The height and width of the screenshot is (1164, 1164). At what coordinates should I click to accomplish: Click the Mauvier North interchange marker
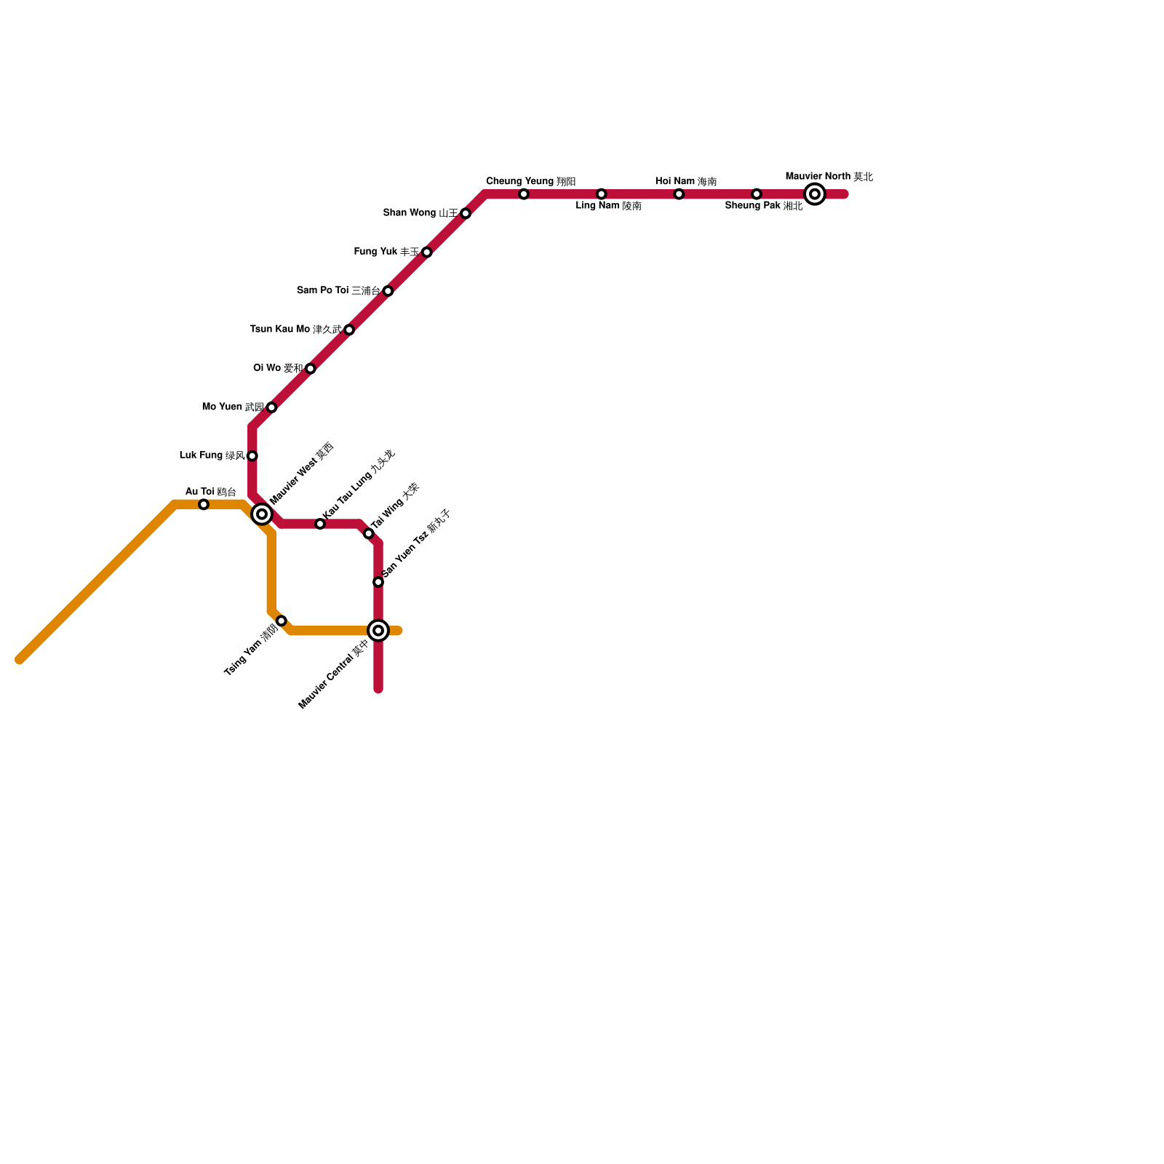(x=815, y=194)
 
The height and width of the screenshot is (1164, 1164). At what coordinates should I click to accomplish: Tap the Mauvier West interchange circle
(x=262, y=514)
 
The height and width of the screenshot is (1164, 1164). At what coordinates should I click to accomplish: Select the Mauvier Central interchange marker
(x=378, y=631)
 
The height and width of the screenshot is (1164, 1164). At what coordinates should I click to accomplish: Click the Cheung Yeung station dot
(x=524, y=194)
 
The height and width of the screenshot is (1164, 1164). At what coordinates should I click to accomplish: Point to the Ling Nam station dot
(x=601, y=194)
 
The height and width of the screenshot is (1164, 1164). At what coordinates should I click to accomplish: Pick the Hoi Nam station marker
(x=679, y=194)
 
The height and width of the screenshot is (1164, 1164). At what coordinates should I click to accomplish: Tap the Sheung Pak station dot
(x=757, y=194)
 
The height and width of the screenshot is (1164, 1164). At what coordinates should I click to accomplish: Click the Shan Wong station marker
(x=466, y=214)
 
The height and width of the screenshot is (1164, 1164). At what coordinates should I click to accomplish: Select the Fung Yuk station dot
(x=427, y=252)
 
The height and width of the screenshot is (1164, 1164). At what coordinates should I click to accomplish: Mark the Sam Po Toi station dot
(x=388, y=291)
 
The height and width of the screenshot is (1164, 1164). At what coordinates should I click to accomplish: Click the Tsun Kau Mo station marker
(x=349, y=330)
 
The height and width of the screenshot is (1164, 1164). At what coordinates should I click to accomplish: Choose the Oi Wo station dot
(x=311, y=369)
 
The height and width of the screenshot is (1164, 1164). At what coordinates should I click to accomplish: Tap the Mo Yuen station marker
(x=271, y=407)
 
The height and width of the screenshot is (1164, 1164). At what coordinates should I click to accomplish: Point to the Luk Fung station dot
(x=252, y=456)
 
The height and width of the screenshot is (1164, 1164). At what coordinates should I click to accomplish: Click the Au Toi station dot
(x=204, y=505)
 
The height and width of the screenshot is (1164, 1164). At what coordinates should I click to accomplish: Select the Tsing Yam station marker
(x=282, y=621)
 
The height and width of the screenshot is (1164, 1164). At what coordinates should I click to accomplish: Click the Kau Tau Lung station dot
(x=320, y=524)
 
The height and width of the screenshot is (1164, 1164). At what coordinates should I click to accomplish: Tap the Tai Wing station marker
(x=369, y=534)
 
